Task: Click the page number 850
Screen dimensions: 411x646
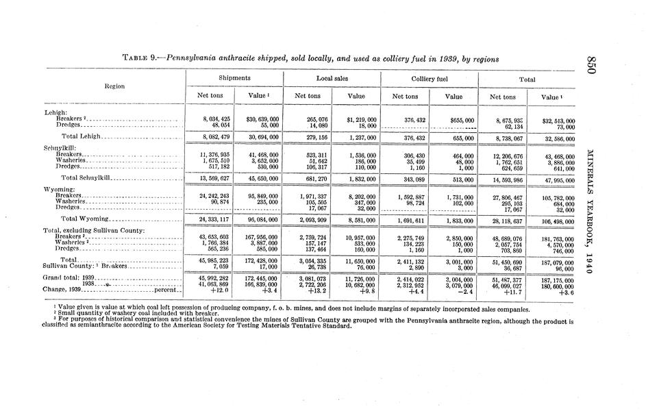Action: pos(593,65)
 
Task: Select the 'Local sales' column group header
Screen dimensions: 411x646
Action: pos(332,79)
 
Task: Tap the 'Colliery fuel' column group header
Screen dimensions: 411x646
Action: pos(429,79)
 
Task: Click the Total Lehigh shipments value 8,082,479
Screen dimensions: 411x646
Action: pos(212,137)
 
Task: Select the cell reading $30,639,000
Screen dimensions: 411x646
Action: pos(258,119)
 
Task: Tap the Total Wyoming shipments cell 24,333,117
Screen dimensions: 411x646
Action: pos(212,219)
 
